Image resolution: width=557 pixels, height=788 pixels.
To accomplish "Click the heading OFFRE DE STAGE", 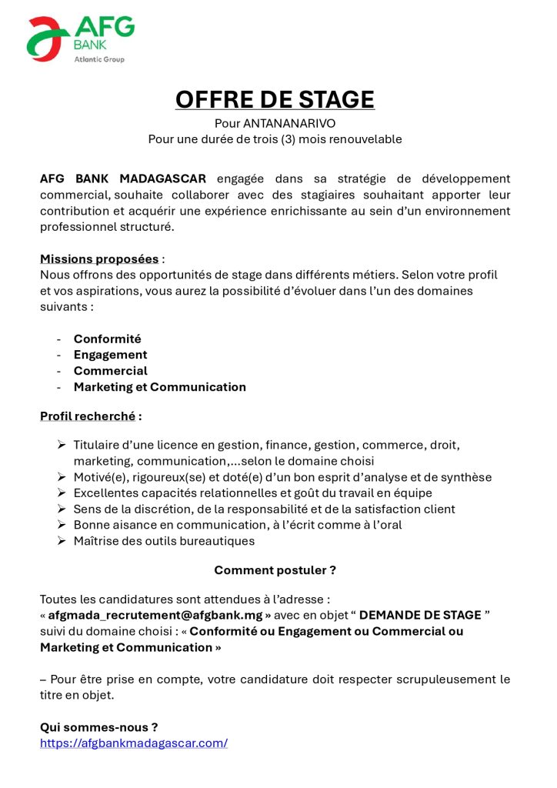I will pos(275,99).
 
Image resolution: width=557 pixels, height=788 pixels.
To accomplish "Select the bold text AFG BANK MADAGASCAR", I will pos(123,179).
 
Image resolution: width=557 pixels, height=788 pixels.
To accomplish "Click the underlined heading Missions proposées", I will pos(99,259).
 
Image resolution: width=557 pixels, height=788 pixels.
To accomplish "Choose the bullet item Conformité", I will pos(107,339).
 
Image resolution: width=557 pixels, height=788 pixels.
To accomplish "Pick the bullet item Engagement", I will pos(110,355).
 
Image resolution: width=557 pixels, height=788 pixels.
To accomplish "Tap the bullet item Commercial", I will pos(110,371).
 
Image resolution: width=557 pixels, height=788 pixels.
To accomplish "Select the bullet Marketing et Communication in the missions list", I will pos(159,387).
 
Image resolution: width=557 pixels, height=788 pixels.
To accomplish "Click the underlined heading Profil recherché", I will pos(88,416).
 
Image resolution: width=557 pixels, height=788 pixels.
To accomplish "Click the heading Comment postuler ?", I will pos(275,570).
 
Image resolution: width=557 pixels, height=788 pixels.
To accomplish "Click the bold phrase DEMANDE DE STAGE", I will pos(420,615).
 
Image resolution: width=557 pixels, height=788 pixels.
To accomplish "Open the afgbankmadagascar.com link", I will pos(134,743).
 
